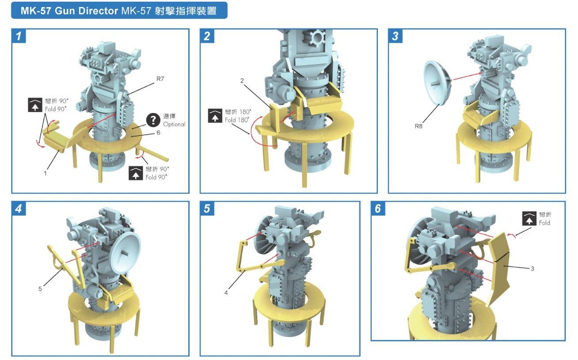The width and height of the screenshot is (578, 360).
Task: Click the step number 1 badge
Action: pos(19,36)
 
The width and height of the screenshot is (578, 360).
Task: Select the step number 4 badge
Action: pos(19,208)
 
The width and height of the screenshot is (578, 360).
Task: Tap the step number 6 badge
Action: pos(378,208)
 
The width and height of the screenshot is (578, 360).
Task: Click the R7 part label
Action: pos(160,79)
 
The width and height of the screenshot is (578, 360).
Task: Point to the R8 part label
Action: pos(418,126)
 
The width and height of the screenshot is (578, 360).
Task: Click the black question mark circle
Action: pos(153,120)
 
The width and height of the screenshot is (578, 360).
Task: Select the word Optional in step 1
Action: pos(174,124)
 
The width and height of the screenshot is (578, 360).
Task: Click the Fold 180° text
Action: pos(237,120)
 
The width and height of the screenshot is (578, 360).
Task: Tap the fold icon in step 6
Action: pos(529,218)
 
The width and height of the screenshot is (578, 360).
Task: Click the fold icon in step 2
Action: pos(215,116)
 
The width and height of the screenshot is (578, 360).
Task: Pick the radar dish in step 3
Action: pos(437,83)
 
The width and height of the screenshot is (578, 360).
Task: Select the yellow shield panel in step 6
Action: pos(498,268)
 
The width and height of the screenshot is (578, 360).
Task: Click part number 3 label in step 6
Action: pos(532,269)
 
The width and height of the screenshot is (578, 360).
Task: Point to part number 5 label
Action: pos(40,289)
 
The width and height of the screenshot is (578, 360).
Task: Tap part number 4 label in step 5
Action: pos(226,293)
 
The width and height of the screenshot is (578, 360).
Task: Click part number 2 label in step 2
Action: pos(242,80)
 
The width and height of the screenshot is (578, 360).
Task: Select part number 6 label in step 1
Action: pos(158,133)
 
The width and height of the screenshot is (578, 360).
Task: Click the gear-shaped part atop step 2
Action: pos(317,37)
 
